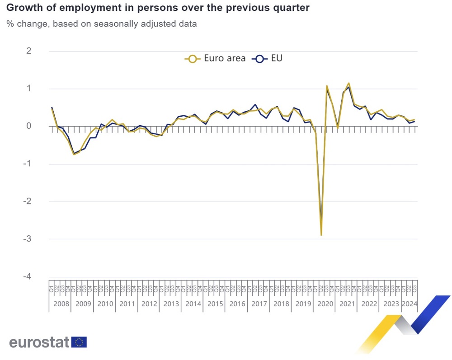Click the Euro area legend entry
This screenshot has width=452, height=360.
215,58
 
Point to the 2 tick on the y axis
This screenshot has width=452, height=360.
29,51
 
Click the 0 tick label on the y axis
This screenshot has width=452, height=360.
29,126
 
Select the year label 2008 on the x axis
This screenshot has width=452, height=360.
61,303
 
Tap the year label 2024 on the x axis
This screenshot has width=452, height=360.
409,303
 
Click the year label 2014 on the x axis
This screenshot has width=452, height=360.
193,303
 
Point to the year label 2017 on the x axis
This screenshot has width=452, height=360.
259,303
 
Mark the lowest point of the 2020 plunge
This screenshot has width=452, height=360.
321,235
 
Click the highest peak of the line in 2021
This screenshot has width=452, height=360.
348,83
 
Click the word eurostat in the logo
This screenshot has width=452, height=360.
39,342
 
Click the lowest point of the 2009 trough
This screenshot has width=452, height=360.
74,154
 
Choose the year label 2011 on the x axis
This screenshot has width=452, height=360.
127,303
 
